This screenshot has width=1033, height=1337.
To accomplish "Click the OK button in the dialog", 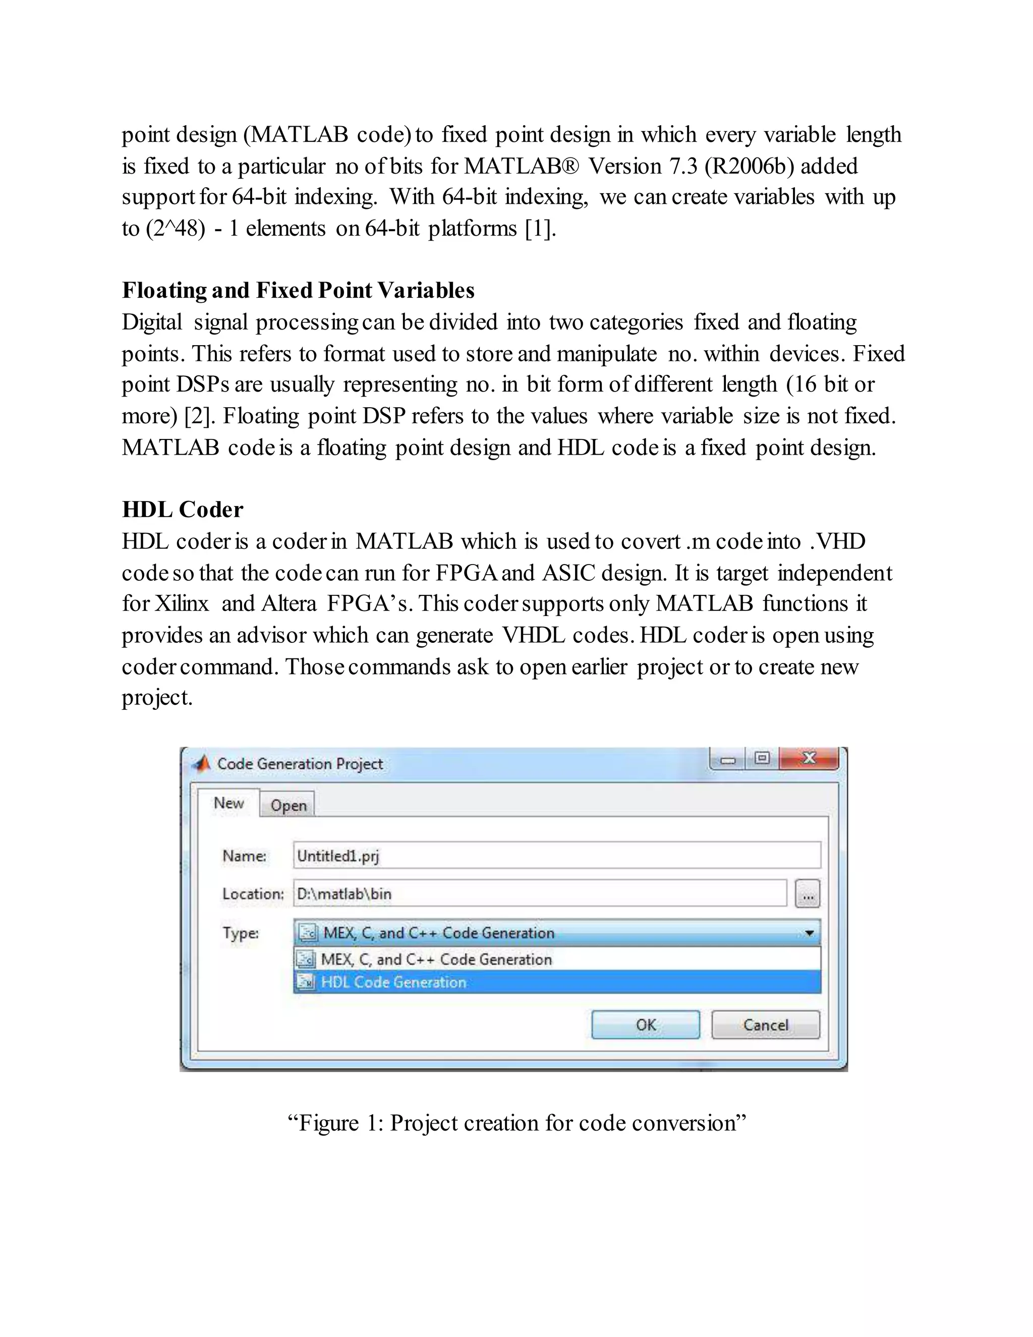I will tap(645, 1025).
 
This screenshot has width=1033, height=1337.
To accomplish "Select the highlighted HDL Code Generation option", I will tap(393, 982).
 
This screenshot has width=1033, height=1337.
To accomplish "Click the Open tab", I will tap(288, 805).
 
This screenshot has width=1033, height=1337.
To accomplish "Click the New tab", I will tap(228, 803).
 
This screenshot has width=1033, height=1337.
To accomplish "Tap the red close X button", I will tap(809, 758).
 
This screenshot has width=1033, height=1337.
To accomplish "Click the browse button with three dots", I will tap(807, 895).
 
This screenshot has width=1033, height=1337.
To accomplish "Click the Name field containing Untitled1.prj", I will tap(556, 855).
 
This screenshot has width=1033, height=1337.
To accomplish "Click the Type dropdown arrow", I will tap(809, 933).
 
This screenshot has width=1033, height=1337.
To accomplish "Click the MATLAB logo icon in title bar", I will tap(201, 763).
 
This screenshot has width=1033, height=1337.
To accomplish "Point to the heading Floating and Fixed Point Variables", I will tap(298, 290).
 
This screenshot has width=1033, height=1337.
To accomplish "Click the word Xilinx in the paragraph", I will tap(181, 603).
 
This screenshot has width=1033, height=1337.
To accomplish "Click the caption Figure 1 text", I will tap(516, 1123).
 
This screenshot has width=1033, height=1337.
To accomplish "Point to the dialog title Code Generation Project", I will tap(300, 763).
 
